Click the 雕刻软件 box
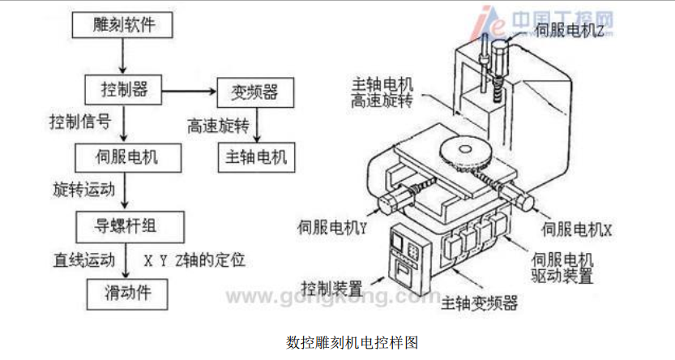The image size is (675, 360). coord(122,26)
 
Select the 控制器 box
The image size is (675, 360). coord(122,88)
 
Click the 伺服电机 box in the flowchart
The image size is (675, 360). coord(122,154)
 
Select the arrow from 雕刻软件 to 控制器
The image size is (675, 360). coord(122,56)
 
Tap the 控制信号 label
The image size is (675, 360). coord(78,122)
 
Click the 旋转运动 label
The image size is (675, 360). coord(80,188)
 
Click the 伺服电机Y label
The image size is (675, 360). coord(333,229)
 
